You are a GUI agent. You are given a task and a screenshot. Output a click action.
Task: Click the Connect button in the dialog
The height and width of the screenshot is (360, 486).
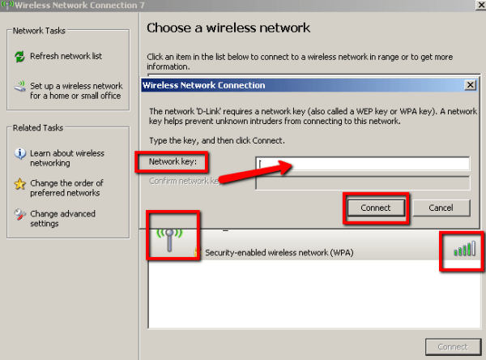(x=375, y=208)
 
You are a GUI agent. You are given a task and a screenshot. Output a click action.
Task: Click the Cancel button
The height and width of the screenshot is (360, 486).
(x=441, y=208)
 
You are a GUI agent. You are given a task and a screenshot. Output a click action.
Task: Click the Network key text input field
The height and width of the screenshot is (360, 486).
(x=362, y=164)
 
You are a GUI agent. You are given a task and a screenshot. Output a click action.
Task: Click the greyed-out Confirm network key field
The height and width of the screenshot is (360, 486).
(x=362, y=182)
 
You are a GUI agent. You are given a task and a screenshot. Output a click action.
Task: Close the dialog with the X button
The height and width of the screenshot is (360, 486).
(x=469, y=84)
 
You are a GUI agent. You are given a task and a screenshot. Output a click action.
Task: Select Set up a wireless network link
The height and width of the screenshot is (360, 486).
(x=75, y=90)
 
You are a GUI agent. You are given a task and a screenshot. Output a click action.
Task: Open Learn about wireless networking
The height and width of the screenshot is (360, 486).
(x=66, y=158)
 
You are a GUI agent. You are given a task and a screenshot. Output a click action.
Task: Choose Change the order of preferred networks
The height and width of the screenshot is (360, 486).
(x=64, y=188)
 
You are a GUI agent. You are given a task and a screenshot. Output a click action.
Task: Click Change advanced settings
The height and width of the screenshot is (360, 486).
(x=62, y=219)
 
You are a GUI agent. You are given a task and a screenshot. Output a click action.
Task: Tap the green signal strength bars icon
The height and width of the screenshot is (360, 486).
(x=464, y=249)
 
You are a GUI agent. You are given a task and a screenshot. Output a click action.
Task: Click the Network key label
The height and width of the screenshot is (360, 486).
(x=167, y=161)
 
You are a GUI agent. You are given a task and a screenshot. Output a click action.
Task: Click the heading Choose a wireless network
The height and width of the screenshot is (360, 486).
(x=228, y=28)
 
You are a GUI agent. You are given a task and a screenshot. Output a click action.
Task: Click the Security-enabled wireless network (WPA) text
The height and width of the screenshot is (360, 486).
(x=279, y=253)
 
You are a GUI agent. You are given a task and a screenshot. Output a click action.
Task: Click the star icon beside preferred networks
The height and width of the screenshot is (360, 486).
(x=20, y=184)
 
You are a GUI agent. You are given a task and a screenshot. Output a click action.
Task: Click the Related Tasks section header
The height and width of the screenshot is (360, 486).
(x=38, y=128)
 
